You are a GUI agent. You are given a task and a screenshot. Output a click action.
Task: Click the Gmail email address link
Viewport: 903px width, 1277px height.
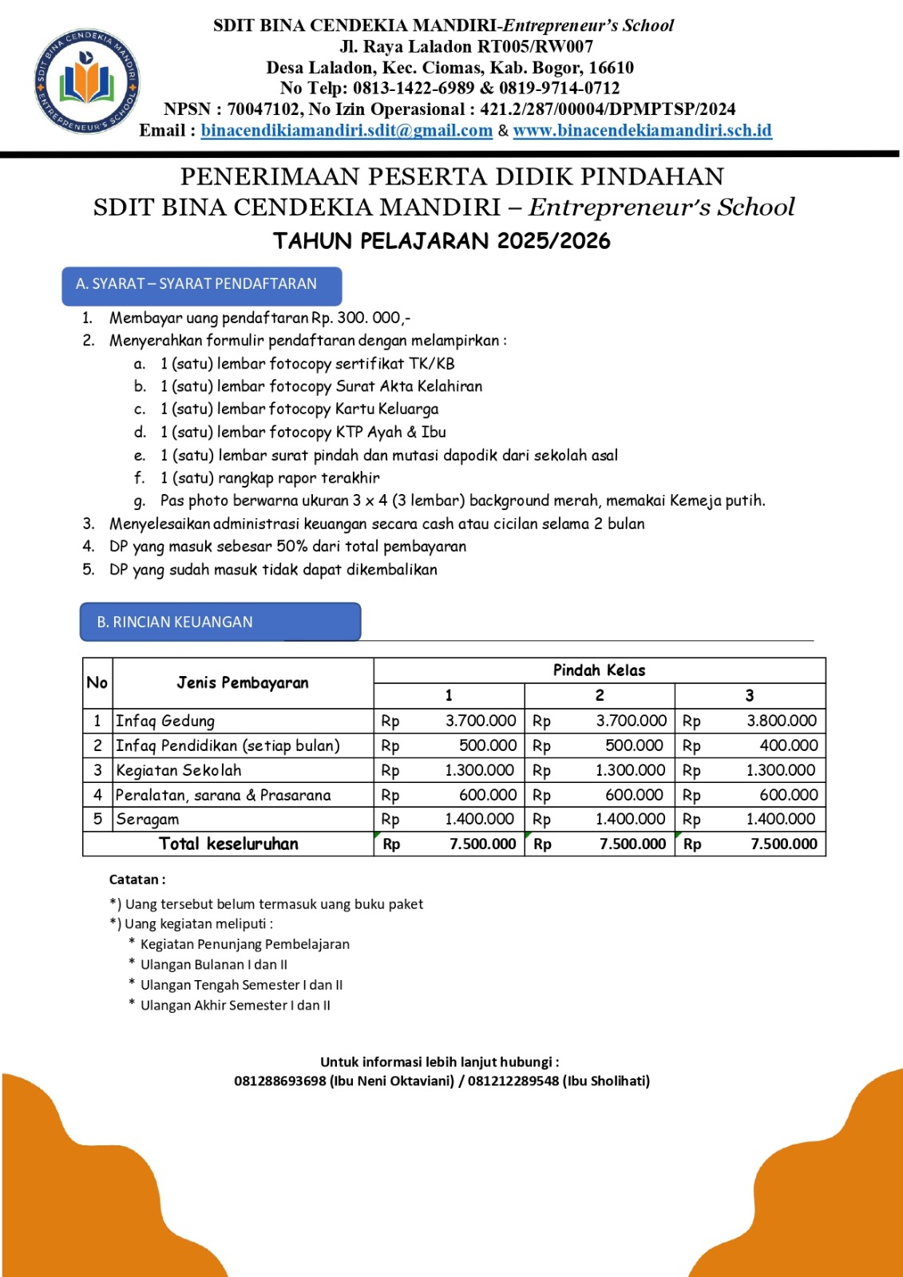click(347, 131)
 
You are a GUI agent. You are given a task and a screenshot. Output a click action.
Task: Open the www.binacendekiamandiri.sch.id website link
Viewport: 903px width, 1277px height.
click(642, 131)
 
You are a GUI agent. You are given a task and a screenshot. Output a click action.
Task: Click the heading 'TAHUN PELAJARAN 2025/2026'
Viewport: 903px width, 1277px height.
click(442, 241)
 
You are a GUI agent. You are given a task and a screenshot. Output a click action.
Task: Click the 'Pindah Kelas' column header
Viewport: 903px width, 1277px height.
click(599, 670)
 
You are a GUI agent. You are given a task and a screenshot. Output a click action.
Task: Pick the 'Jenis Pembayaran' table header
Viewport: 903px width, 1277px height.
click(243, 682)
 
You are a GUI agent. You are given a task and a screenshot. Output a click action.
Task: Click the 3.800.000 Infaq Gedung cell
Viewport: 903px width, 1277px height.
click(781, 721)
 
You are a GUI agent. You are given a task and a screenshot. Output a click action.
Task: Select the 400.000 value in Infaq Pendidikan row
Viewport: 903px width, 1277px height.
click(788, 745)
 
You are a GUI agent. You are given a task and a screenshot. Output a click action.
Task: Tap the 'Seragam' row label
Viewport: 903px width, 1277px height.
click(148, 820)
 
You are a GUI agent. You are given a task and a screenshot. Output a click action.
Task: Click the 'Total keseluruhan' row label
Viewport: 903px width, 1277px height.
click(228, 844)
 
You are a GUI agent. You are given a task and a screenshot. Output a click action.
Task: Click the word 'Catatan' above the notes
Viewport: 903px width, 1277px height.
click(135, 880)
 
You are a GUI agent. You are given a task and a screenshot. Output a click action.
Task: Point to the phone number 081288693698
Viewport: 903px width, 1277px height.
click(280, 1081)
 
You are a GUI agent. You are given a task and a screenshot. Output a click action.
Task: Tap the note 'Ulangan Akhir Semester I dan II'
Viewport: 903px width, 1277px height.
click(235, 1006)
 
